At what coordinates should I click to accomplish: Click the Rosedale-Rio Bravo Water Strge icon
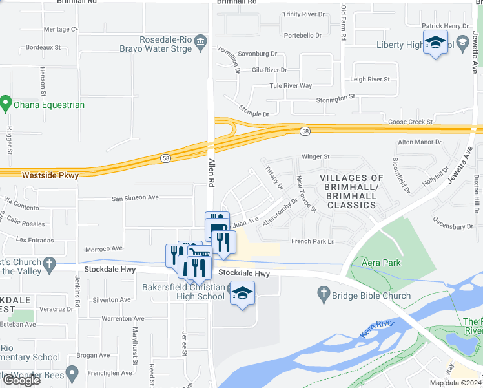point(200,43)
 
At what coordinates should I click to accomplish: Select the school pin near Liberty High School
point(436,43)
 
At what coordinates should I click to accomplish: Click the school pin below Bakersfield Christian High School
point(242,295)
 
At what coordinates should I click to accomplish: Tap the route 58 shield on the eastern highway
point(304,131)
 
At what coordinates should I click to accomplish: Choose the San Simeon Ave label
point(135,199)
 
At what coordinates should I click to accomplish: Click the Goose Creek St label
point(410,121)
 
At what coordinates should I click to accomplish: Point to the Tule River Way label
point(291,85)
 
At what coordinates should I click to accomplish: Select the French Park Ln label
point(313,241)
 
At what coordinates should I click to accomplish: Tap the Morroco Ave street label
point(104,248)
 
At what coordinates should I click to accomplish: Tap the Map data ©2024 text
point(455,383)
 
